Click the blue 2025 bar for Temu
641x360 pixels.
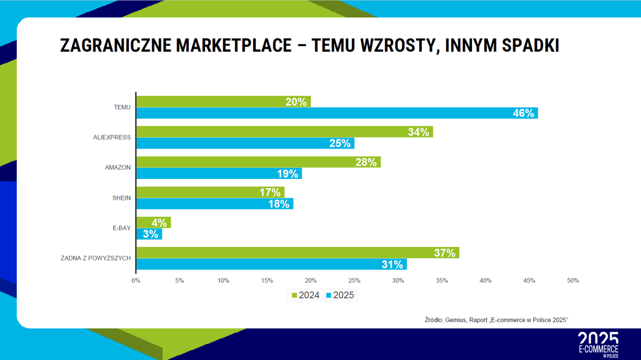pos(337,113)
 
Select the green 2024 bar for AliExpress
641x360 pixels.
pos(284,132)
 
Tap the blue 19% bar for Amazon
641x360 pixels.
pos(219,173)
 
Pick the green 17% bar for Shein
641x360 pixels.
pos(210,192)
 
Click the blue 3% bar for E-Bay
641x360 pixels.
pos(149,234)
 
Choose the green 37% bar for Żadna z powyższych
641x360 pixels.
pos(298,253)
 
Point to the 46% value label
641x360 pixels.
pos(523,113)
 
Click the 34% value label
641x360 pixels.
pos(418,132)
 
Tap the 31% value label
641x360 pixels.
pos(392,264)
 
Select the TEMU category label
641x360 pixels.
pos(122,107)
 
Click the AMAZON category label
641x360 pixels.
pos(118,168)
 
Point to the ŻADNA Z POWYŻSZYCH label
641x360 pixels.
pos(96,258)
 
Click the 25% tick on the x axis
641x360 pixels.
pos(354,281)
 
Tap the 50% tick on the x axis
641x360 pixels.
pos(573,281)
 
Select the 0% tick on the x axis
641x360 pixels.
pos(136,281)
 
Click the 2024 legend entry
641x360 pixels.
pos(305,295)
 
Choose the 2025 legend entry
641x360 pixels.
pos(340,295)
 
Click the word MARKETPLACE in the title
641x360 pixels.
pos(234,45)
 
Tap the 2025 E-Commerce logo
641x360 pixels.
pos(598,345)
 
